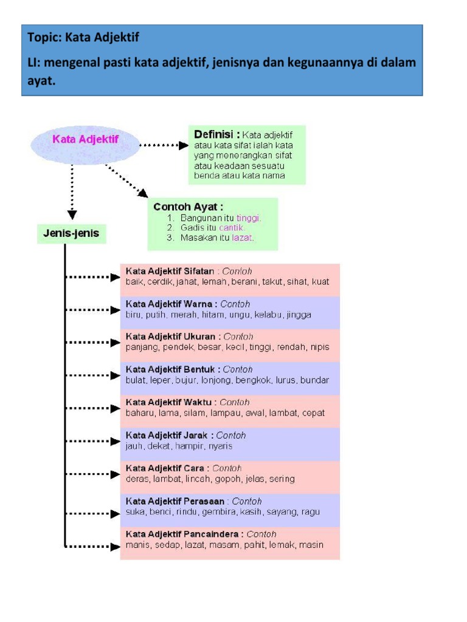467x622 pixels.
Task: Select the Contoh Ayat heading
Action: point(188,207)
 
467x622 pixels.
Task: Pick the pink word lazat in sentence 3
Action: point(243,238)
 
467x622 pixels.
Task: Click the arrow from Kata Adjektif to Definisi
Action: point(164,146)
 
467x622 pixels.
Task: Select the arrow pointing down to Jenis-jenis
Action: point(72,194)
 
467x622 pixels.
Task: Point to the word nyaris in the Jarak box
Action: point(220,446)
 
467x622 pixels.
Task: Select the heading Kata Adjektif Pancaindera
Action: point(184,534)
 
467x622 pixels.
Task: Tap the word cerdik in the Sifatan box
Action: point(162,282)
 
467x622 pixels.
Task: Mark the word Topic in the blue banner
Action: point(42,38)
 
